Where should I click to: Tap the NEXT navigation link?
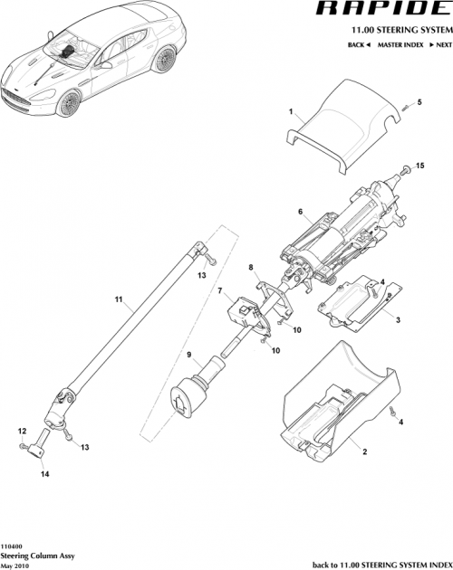tap(434, 43)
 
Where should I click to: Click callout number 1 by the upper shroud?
tap(291, 113)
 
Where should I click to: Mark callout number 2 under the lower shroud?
tap(364, 451)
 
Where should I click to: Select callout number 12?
tap(21, 432)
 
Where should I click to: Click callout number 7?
tap(218, 291)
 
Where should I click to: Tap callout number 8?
tap(250, 268)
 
